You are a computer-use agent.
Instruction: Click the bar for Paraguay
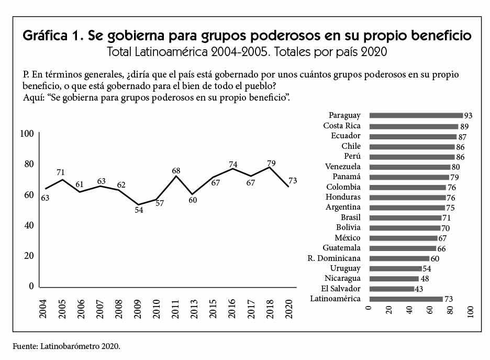[416, 116]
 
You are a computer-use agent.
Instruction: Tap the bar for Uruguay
[396, 268]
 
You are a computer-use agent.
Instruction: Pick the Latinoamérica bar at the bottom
[406, 299]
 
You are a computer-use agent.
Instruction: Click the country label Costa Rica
[342, 126]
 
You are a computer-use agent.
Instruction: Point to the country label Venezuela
[343, 167]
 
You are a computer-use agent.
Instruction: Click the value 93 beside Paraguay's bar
[467, 116]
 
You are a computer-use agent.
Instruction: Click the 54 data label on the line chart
[139, 211]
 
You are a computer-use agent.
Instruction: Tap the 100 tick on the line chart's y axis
[27, 134]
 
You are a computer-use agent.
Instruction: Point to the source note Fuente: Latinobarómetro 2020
[70, 346]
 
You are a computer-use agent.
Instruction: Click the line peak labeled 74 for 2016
[232, 168]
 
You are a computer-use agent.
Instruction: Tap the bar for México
[403, 238]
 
